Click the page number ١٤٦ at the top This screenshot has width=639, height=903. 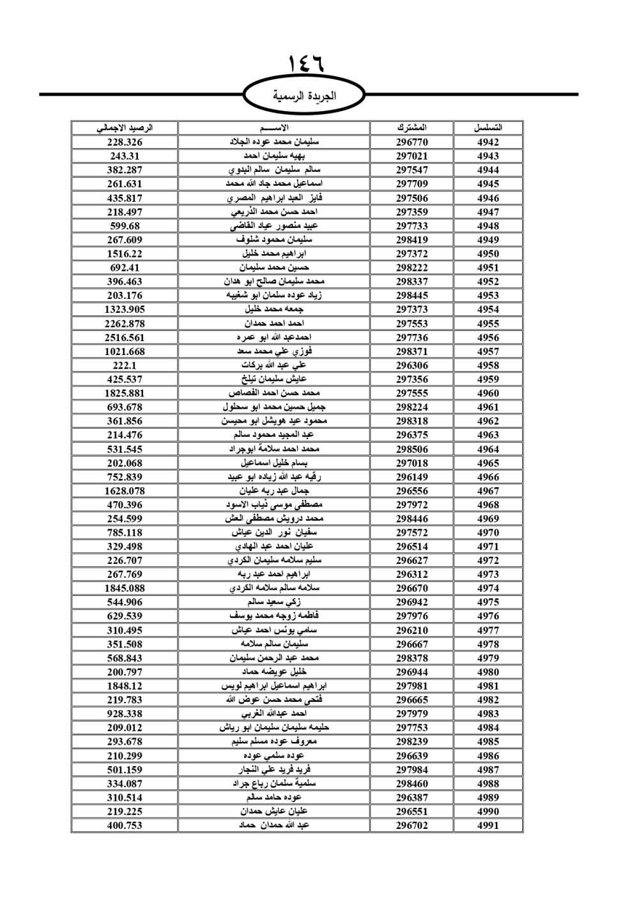point(306,63)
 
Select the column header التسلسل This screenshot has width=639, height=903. point(488,128)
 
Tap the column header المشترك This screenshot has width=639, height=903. point(412,128)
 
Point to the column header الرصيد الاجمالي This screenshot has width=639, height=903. point(125,128)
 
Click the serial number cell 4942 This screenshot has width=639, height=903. point(488,142)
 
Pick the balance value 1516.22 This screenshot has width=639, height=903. point(125,254)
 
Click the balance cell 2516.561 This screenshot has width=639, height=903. point(125,338)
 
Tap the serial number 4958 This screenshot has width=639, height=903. point(488,365)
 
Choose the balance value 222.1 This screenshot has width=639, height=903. point(125,365)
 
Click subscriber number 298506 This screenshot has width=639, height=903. point(412,449)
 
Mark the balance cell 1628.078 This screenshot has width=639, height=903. point(125,491)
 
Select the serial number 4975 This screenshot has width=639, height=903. point(488,602)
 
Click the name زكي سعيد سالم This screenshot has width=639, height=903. point(274,602)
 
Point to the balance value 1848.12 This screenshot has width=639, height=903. point(125,686)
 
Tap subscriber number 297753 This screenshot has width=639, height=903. point(412,728)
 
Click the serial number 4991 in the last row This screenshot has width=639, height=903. point(488,825)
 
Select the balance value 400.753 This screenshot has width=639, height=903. point(125,825)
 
